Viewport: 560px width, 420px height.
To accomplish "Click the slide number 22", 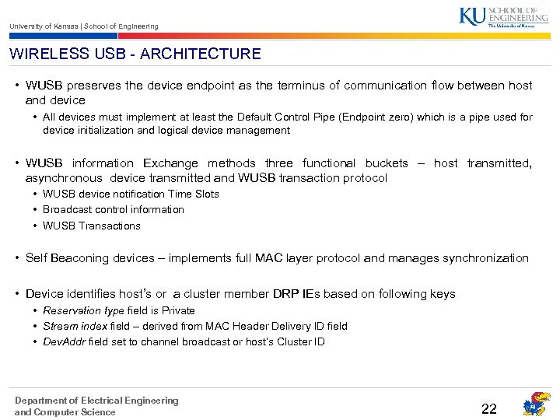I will tap(489, 409).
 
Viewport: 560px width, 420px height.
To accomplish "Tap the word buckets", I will tap(387, 163).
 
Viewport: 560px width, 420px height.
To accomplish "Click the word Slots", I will tap(205, 194).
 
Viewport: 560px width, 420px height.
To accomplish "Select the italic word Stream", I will tap(59, 326).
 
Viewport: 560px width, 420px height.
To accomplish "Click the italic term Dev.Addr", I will tap(64, 341).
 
